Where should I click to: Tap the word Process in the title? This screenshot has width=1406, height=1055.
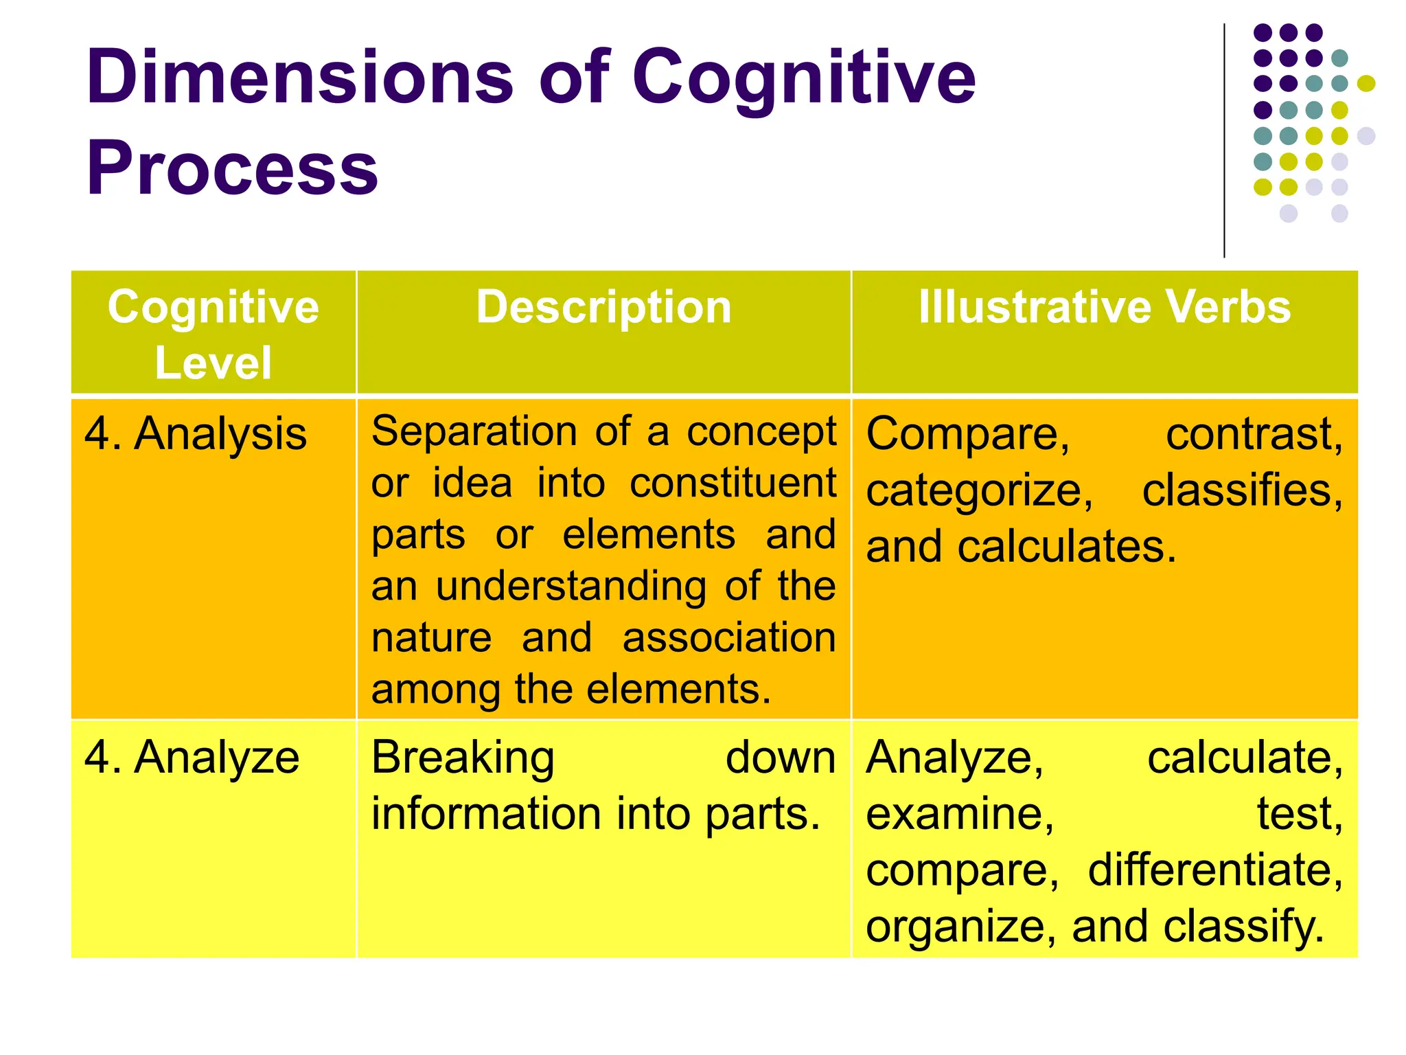[232, 168]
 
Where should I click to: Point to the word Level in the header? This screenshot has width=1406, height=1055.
[214, 363]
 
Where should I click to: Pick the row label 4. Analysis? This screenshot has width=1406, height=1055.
[195, 434]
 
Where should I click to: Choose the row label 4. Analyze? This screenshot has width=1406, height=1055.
[192, 758]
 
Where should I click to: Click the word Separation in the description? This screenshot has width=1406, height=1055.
[474, 431]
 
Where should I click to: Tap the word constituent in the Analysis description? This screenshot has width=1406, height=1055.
[733, 483]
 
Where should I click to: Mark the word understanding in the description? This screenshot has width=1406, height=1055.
[571, 587]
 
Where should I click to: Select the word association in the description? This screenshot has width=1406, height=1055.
[729, 637]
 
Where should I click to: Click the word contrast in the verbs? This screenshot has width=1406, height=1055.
[1253, 434]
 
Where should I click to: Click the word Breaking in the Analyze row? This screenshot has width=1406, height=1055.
[463, 758]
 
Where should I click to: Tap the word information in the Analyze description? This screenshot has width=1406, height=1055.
[487, 814]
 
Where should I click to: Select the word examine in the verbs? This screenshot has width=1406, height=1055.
[958, 814]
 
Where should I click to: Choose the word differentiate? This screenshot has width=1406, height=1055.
[1214, 870]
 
